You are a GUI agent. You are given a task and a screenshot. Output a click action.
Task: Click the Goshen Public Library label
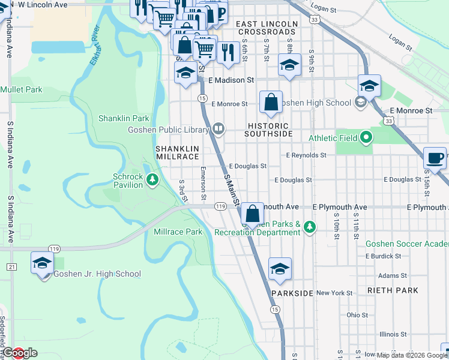pyautogui.click(x=168, y=130)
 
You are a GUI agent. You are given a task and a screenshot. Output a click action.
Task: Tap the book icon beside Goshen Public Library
pyautogui.click(x=219, y=129)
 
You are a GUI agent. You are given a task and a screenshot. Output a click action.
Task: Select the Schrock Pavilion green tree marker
pyautogui.click(x=152, y=179)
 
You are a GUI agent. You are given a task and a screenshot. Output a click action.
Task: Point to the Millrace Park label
pyautogui.click(x=178, y=232)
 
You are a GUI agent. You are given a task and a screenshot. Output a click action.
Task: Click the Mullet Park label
pyautogui.click(x=22, y=89)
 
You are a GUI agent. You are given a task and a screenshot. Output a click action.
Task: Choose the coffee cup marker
pyautogui.click(x=435, y=158)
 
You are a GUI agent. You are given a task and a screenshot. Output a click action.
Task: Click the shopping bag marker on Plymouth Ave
pyautogui.click(x=253, y=213)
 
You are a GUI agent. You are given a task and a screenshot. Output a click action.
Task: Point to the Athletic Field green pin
pyautogui.click(x=366, y=138)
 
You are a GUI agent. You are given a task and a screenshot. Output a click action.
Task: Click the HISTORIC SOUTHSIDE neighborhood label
pyautogui.click(x=268, y=130)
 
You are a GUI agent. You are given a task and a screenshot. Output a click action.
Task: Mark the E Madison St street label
pyautogui.click(x=231, y=80)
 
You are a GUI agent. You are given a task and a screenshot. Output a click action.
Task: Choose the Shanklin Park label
pyautogui.click(x=124, y=118)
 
